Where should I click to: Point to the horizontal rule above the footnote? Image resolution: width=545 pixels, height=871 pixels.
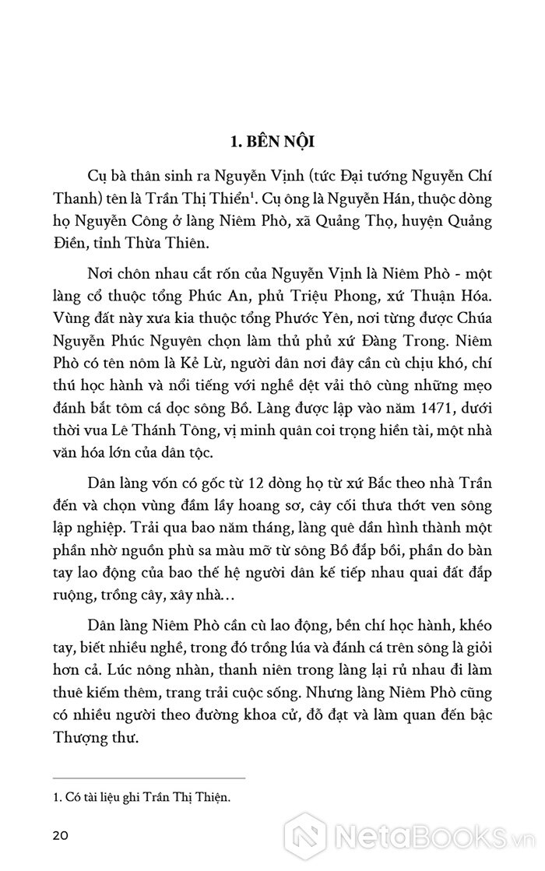(x=149, y=778)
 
